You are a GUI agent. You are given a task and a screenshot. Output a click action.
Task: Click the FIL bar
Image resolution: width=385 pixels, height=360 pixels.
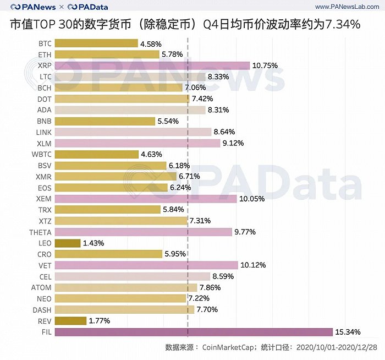[x=194, y=332]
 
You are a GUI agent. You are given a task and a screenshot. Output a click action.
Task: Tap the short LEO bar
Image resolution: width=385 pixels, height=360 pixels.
[x=68, y=243]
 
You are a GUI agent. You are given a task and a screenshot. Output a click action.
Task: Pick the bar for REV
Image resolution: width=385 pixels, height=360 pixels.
[x=70, y=321]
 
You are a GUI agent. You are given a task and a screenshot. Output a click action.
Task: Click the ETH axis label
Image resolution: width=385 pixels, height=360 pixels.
[x=45, y=54]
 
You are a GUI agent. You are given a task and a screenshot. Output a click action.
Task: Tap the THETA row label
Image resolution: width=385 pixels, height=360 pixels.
[x=40, y=232]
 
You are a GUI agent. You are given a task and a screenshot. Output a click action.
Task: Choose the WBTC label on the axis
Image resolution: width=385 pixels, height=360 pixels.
[x=42, y=154]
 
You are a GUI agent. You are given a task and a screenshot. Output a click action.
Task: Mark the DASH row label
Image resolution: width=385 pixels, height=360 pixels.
[x=42, y=310]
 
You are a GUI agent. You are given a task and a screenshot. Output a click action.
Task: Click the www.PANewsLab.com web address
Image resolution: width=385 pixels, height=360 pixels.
[x=344, y=7]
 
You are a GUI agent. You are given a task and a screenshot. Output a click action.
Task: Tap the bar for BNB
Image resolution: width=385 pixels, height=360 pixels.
[x=105, y=121]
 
